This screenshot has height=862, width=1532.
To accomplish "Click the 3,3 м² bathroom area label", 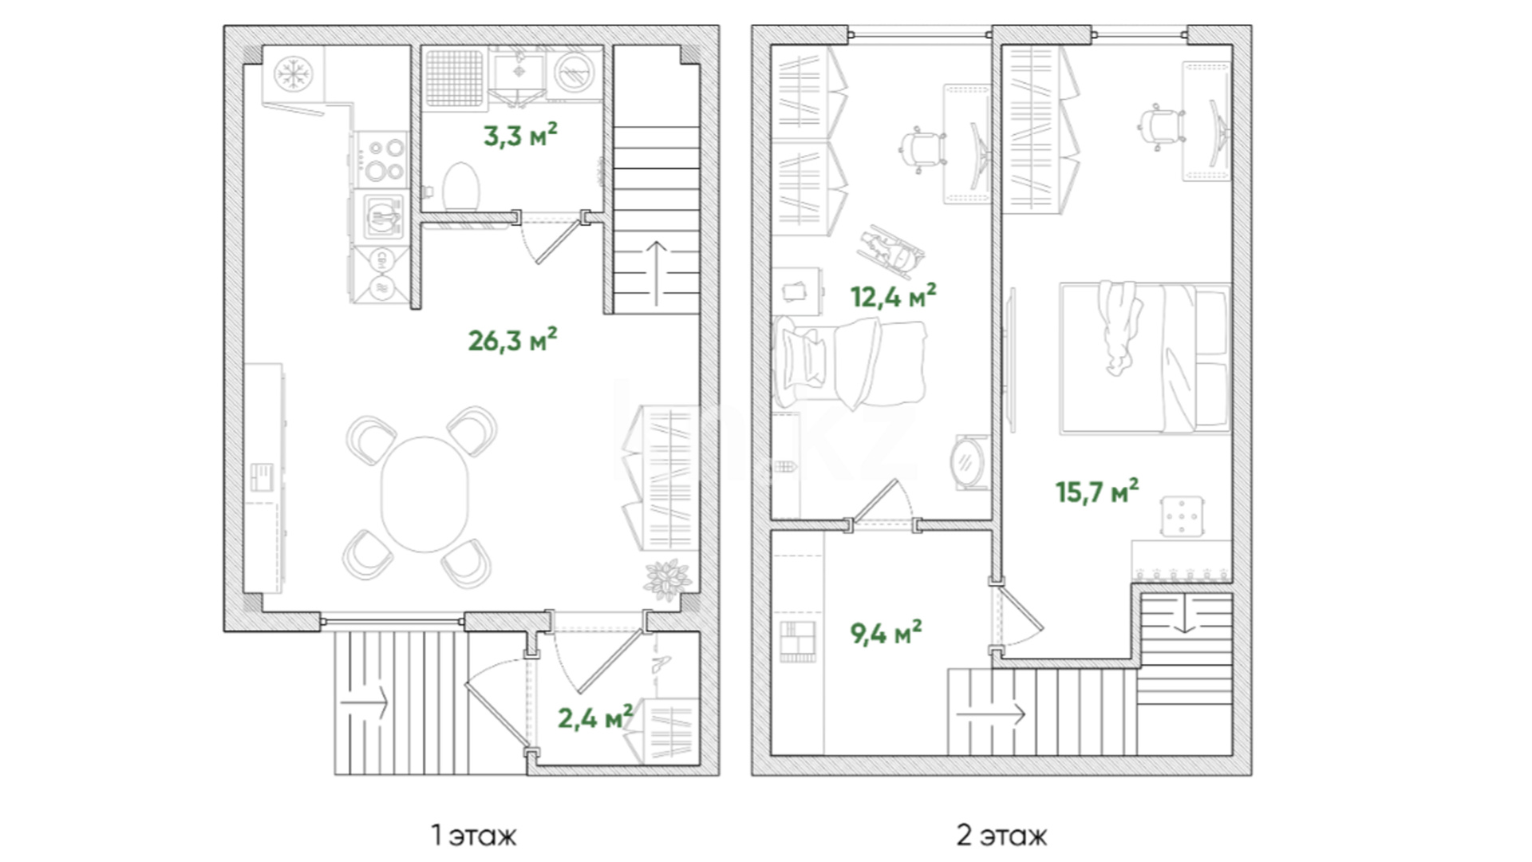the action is click(520, 135).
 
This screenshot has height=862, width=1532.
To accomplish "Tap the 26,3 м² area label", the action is click(512, 340).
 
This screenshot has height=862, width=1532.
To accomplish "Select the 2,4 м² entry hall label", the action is click(595, 718).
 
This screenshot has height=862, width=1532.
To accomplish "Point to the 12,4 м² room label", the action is click(893, 296).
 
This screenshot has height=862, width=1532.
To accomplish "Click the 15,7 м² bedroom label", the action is click(1097, 491).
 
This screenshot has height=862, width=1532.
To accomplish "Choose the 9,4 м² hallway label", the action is click(886, 633).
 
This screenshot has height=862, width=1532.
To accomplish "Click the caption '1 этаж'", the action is click(474, 836).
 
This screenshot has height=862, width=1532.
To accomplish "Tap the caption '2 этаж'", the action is click(1001, 836).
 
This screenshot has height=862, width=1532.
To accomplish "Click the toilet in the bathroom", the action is click(460, 187).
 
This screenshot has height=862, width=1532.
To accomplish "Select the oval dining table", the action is click(424, 494).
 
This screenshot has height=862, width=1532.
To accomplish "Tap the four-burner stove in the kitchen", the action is click(382, 159).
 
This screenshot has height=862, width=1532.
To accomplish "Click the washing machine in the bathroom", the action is click(574, 74).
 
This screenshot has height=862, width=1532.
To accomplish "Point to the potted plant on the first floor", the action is click(668, 578).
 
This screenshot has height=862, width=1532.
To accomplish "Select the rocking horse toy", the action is click(893, 248).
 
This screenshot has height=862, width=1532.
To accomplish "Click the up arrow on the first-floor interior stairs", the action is click(656, 272).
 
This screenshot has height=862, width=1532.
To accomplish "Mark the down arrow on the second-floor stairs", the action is click(1185, 612).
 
